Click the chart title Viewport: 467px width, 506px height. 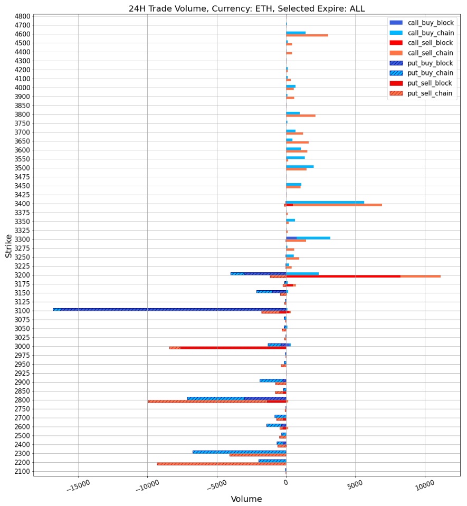click(x=246, y=8)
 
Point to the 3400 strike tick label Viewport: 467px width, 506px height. click(x=23, y=204)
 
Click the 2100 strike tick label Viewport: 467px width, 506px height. click(x=23, y=471)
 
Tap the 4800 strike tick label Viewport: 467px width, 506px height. click(x=23, y=16)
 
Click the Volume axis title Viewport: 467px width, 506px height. click(x=246, y=499)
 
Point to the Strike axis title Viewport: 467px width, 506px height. click(x=9, y=246)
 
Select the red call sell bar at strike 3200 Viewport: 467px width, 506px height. click(x=343, y=276)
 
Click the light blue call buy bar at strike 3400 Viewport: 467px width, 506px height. click(x=325, y=202)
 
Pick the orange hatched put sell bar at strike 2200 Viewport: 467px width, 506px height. click(x=222, y=464)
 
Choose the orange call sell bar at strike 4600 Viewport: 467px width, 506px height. click(x=307, y=35)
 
